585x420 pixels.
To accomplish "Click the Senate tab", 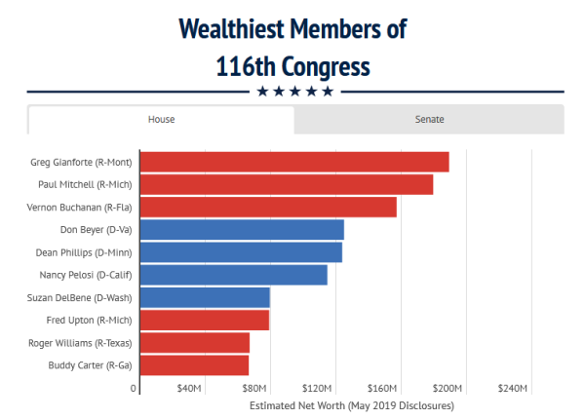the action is [x=429, y=119].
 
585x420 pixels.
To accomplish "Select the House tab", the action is [x=161, y=119].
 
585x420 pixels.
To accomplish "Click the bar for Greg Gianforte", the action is [x=294, y=162].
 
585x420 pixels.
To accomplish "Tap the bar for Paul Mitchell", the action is [x=287, y=184].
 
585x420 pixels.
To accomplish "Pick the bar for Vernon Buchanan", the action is [x=268, y=207].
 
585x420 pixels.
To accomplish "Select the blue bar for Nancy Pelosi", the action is [x=234, y=275].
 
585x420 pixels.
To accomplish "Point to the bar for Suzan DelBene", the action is [x=205, y=297].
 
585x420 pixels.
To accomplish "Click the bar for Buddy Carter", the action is [x=194, y=365].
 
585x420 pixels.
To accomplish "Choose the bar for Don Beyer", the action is [x=242, y=230].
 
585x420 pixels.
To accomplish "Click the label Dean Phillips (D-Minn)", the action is [x=84, y=253].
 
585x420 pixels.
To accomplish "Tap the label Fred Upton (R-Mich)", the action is [x=89, y=321].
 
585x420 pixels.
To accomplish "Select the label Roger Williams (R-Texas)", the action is [x=80, y=343].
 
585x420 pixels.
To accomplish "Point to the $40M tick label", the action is [x=189, y=389].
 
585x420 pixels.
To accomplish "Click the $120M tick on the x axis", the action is [x=317, y=389].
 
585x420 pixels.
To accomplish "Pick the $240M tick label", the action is [x=513, y=389].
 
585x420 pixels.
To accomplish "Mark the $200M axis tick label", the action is [x=448, y=389].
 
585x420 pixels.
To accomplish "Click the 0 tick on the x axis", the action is [x=134, y=389].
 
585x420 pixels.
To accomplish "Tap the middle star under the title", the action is [x=295, y=92].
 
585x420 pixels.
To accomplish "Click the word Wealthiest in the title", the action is [x=232, y=29].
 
